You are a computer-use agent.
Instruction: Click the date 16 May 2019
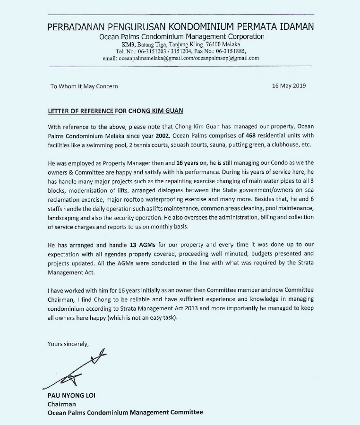click(x=289, y=86)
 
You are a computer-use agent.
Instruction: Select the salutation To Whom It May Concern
click(x=84, y=86)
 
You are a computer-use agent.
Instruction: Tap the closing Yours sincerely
click(x=68, y=344)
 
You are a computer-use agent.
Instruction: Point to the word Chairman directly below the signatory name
click(x=61, y=404)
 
